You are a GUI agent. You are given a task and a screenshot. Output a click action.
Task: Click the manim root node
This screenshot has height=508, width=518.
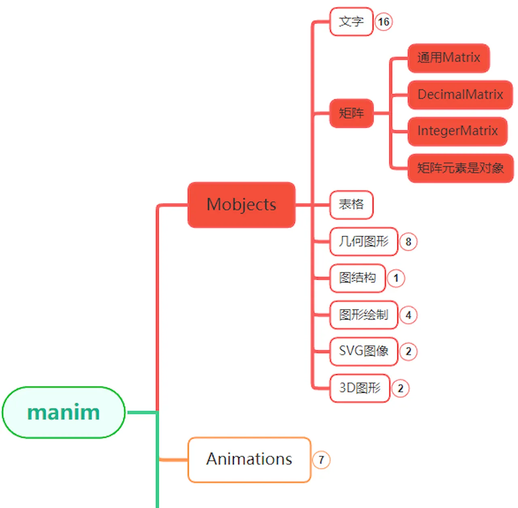pyautogui.click(x=64, y=412)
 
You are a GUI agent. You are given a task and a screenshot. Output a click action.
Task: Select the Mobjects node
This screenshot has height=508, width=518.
pyautogui.click(x=241, y=205)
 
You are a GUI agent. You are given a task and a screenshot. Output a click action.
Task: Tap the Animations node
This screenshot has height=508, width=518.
pyautogui.click(x=249, y=459)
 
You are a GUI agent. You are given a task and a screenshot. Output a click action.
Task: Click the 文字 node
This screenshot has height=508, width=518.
pyautogui.click(x=351, y=21)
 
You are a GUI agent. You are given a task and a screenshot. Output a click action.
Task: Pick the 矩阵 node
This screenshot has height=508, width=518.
pyautogui.click(x=351, y=113)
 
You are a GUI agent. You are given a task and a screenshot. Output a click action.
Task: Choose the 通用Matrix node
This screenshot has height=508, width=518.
pyautogui.click(x=448, y=58)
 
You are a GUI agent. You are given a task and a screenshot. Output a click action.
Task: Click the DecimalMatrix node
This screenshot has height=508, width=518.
pyautogui.click(x=460, y=95)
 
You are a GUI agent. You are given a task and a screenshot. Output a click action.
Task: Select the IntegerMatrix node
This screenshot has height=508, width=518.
pyautogui.click(x=457, y=131)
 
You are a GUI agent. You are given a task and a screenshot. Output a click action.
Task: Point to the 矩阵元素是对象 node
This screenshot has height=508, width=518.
pyautogui.click(x=460, y=168)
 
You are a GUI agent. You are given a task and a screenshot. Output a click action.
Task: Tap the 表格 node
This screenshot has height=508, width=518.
pyautogui.click(x=351, y=205)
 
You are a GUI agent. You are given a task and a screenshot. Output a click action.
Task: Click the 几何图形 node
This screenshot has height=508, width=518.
pyautogui.click(x=363, y=241)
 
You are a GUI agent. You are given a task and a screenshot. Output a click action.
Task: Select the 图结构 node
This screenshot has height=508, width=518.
pyautogui.click(x=357, y=278)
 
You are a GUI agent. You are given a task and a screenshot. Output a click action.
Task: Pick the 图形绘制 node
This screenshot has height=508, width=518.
pyautogui.click(x=363, y=315)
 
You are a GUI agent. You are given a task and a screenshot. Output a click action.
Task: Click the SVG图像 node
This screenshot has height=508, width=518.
pyautogui.click(x=363, y=351)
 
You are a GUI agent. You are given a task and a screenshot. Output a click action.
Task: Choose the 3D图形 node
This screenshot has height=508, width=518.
pyautogui.click(x=360, y=388)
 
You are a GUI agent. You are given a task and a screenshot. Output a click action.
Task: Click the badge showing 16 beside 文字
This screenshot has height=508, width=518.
pyautogui.click(x=383, y=21)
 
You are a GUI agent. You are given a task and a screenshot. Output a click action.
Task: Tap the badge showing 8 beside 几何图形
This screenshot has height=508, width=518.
pyautogui.click(x=408, y=242)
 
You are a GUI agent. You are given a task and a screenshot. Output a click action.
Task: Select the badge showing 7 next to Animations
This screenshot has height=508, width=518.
pyautogui.click(x=321, y=460)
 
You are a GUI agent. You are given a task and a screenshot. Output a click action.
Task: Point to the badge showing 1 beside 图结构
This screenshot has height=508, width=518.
pyautogui.click(x=396, y=278)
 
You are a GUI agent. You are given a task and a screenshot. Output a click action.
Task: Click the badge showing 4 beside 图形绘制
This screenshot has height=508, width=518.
pyautogui.click(x=408, y=315)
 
